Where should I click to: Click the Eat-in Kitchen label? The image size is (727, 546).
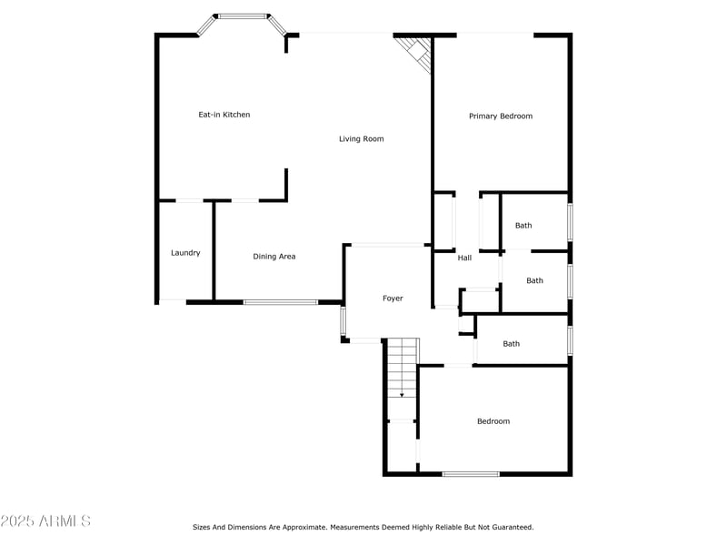[224, 115]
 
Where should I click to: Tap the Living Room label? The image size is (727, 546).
[361, 139]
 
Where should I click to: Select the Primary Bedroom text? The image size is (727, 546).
[500, 116]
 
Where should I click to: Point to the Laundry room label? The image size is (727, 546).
[185, 253]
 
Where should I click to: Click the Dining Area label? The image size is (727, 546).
[274, 257]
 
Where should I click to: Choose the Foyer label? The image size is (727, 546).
[393, 298]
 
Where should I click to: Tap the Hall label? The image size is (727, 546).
[464, 258]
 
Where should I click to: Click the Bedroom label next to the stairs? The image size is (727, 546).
[493, 421]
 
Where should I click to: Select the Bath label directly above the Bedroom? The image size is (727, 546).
[512, 344]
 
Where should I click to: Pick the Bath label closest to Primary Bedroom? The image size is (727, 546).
[523, 226]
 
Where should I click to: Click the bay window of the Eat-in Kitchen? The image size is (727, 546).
[243, 16]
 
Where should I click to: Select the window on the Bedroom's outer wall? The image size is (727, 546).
[470, 474]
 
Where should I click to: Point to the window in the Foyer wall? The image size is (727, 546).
[344, 321]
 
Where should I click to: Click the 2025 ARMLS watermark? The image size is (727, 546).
[45, 521]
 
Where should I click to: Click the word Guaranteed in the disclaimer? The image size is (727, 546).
[512, 527]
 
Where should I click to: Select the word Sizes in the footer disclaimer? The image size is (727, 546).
[202, 527]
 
